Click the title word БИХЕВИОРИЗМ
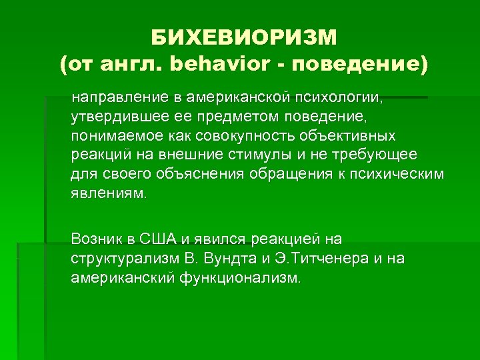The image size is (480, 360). click(244, 36)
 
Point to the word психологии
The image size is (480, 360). click(339, 99)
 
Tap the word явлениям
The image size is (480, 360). click(107, 193)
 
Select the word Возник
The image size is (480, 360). click(95, 239)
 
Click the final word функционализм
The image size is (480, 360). click(239, 277)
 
